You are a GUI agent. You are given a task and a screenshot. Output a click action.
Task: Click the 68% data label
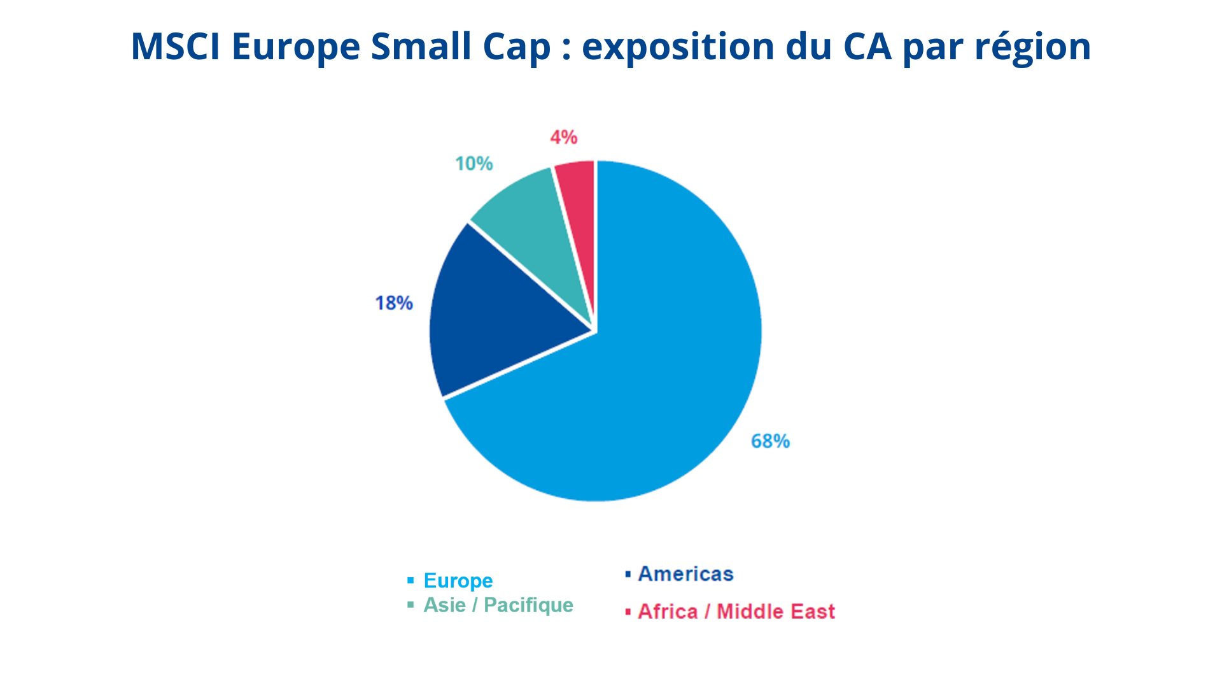[770, 441]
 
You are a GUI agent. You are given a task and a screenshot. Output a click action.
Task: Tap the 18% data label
[394, 303]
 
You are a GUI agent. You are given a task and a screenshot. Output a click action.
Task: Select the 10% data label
[474, 164]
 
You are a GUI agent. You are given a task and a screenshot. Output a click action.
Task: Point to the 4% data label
[564, 137]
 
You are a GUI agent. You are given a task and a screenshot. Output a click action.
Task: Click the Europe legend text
[458, 581]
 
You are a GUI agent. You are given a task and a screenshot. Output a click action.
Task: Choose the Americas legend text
[685, 574]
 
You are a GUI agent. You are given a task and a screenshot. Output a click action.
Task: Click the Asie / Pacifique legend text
[498, 605]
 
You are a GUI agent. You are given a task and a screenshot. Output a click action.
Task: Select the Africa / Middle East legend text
[736, 612]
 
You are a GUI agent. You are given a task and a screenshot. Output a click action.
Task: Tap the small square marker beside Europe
[411, 581]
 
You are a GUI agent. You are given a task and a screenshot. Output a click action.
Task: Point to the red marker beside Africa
[628, 612]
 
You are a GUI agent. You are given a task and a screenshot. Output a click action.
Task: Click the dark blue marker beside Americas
[628, 575]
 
